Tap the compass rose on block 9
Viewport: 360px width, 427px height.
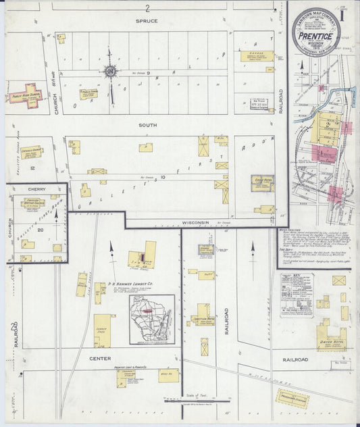(109, 71)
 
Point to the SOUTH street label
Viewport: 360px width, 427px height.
(148, 125)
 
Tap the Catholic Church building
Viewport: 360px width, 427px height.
(31, 153)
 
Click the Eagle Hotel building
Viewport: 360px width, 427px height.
(262, 182)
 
